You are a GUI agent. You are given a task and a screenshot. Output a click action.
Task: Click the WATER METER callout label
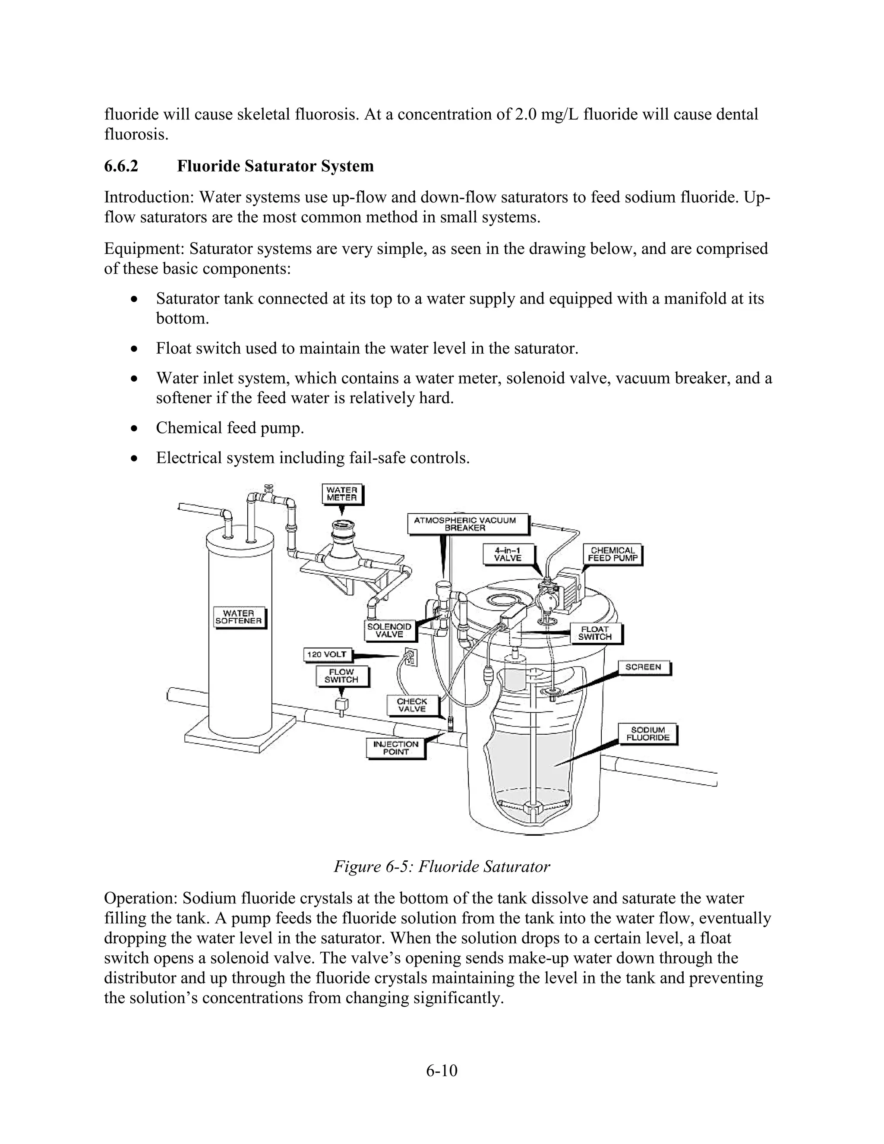341,494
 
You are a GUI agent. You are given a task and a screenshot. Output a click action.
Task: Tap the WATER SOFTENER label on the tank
238,616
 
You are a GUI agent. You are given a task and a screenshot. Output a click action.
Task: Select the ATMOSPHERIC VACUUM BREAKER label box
465,524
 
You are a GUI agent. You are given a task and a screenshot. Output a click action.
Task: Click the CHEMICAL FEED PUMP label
612,554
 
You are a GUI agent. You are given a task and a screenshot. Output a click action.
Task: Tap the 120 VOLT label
327,654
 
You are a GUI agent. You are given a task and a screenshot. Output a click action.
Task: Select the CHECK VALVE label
412,705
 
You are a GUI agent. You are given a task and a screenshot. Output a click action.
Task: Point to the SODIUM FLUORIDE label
647,733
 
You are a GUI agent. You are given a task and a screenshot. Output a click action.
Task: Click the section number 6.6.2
121,166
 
